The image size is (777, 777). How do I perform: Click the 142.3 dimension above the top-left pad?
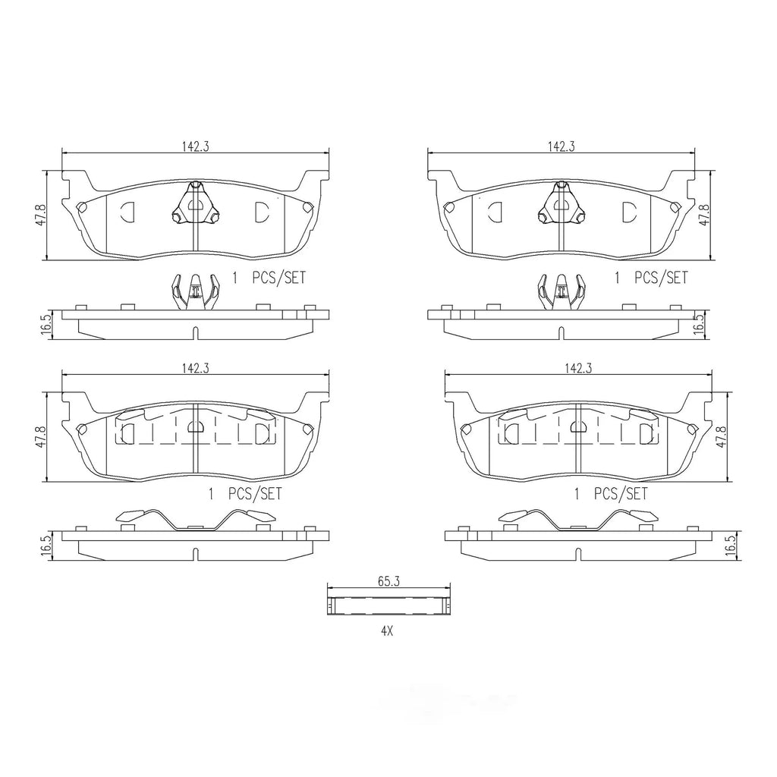click(x=195, y=146)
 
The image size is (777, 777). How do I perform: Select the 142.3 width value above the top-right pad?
click(x=561, y=146)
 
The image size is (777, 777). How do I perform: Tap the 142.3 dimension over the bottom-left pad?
click(x=195, y=368)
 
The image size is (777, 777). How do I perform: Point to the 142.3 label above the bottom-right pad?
click(x=578, y=368)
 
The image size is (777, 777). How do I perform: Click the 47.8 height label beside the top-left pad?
click(x=41, y=215)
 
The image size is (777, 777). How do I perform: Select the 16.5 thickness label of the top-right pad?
click(x=699, y=325)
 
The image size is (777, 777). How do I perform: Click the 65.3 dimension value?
click(x=388, y=581)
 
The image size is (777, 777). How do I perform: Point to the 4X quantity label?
click(x=386, y=631)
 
